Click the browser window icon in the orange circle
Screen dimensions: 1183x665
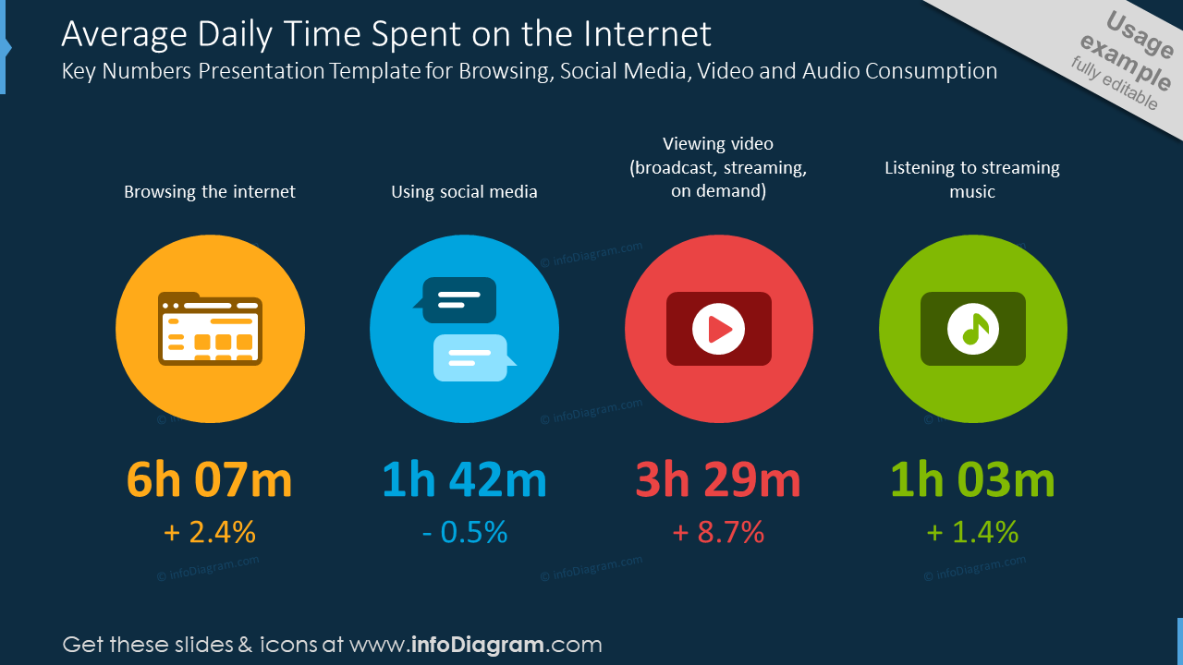210,328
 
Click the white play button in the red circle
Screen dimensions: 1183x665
718,329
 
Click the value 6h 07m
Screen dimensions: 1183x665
210,479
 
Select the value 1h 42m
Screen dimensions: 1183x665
464,479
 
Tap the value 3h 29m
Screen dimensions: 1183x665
718,479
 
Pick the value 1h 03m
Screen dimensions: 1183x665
973,479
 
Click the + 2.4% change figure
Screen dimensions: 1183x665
210,532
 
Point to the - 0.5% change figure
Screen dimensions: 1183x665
465,532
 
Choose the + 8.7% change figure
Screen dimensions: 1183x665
718,532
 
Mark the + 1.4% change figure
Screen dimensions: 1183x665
973,532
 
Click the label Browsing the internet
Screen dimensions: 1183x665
210,191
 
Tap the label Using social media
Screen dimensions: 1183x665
464,191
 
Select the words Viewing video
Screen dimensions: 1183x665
718,143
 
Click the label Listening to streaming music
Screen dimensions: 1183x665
972,179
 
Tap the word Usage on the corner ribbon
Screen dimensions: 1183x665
1140,35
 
